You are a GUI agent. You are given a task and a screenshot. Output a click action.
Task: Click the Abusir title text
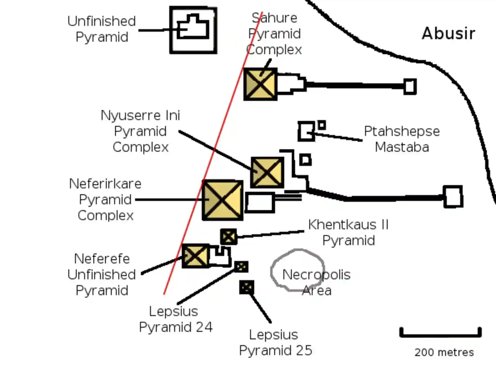coord(448,33)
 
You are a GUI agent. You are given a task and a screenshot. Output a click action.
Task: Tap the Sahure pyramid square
coord(260,84)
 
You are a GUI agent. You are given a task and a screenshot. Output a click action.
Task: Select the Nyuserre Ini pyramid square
coord(267,172)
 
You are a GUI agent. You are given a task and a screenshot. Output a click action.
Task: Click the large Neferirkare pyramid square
coord(222,200)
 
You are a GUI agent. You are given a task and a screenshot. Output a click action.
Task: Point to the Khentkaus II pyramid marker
coord(228,237)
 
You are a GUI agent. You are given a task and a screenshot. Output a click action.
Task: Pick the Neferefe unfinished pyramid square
coord(195,256)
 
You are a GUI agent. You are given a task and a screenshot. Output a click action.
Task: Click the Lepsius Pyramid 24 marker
coord(241,267)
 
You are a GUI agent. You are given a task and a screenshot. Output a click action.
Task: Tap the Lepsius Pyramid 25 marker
coord(247,287)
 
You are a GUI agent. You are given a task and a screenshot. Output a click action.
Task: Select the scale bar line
coord(441,335)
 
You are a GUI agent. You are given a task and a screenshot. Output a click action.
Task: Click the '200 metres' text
coord(444,352)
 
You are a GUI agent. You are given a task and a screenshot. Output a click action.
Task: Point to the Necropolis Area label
coord(316,282)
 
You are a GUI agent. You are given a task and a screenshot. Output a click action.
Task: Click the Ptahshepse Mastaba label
coord(402,139)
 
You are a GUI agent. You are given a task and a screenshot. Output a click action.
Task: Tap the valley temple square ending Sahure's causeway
coord(410,86)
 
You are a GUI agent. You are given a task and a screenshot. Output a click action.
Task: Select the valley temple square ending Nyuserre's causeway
coord(453,197)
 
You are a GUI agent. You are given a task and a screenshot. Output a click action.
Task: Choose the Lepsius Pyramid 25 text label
coord(275,342)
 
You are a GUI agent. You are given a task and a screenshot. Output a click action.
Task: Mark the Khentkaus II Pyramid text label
coord(348,233)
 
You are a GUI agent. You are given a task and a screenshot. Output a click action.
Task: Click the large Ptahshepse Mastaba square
coord(306,131)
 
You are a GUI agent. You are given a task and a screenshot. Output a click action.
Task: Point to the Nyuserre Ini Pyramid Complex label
coord(140,131)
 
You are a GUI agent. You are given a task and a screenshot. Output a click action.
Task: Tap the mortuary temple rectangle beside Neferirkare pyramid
coord(259,202)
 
